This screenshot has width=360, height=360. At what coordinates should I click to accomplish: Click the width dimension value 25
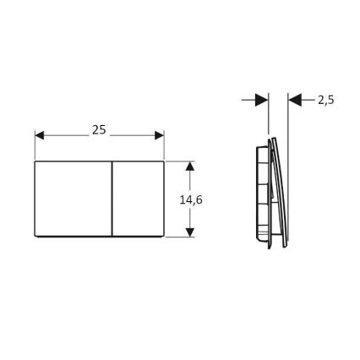[99, 130]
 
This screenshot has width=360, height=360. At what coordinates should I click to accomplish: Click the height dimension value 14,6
[192, 199]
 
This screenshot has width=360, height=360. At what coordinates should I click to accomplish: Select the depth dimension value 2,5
[326, 100]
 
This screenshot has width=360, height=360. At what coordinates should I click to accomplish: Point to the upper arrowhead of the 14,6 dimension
[190, 166]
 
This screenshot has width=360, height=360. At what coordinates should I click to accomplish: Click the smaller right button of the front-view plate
[139, 199]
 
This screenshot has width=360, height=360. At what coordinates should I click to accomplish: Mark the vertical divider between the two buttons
[112, 199]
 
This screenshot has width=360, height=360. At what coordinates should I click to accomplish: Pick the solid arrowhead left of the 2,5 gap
[260, 100]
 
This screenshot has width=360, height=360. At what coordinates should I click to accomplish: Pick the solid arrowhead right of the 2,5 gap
[295, 100]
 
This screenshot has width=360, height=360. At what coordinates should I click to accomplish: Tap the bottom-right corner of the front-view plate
[164, 237]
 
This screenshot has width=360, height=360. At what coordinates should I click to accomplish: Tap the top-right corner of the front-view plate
[164, 161]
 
